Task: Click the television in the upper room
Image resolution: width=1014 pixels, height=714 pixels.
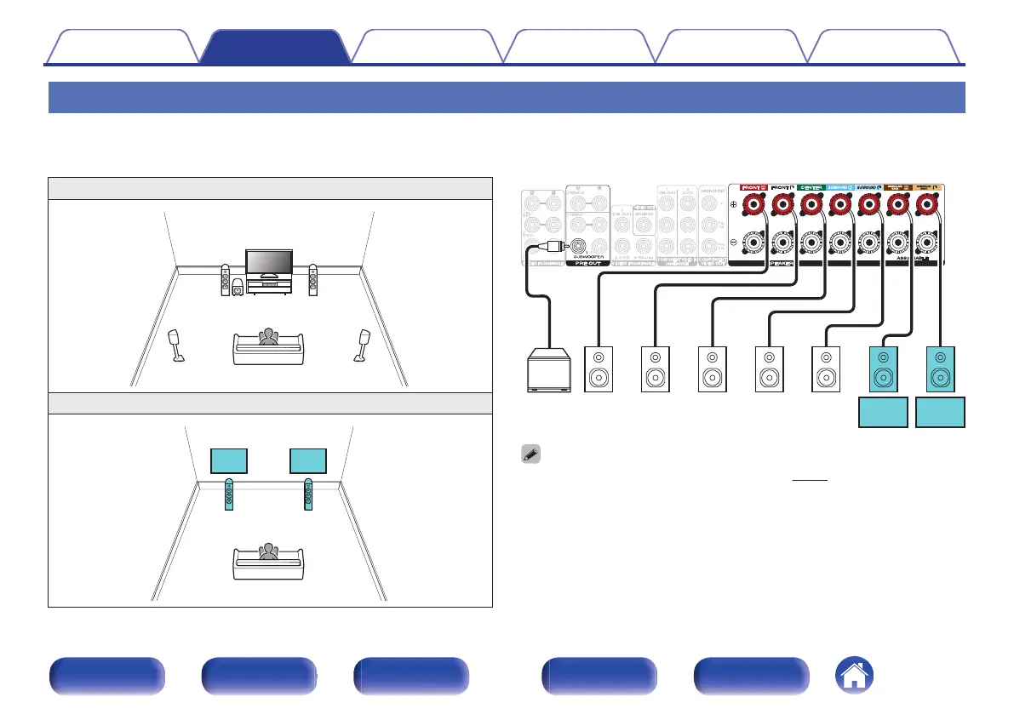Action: [268, 265]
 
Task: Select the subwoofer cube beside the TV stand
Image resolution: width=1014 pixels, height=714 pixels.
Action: [237, 290]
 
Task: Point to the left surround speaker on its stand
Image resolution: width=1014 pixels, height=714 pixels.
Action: [178, 345]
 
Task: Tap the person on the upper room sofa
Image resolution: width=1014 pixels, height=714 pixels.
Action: [269, 337]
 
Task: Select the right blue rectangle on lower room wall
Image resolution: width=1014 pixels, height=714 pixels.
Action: [308, 460]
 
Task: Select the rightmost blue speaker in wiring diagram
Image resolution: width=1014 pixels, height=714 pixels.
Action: [940, 369]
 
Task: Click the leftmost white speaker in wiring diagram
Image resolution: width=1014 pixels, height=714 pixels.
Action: [597, 369]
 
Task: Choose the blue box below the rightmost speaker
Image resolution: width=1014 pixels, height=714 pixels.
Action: [940, 413]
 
